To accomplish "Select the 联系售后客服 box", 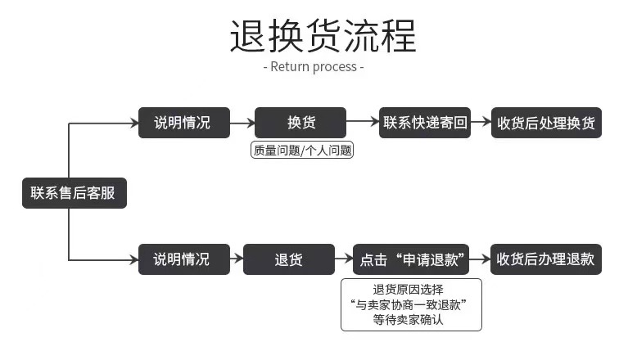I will (x=74, y=193).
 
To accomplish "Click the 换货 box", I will (x=300, y=123).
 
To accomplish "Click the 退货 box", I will (x=289, y=259).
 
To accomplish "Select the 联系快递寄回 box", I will (x=425, y=123).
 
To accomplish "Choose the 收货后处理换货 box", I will (x=546, y=124).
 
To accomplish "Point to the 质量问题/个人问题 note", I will (x=301, y=151).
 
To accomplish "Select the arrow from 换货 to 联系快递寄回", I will (x=363, y=122).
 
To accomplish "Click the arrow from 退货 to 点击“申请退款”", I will (x=344, y=259).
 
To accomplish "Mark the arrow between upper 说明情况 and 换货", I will (x=242, y=123).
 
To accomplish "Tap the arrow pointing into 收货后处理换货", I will (x=481, y=123).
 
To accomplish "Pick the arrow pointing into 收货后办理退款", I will (x=481, y=259).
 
